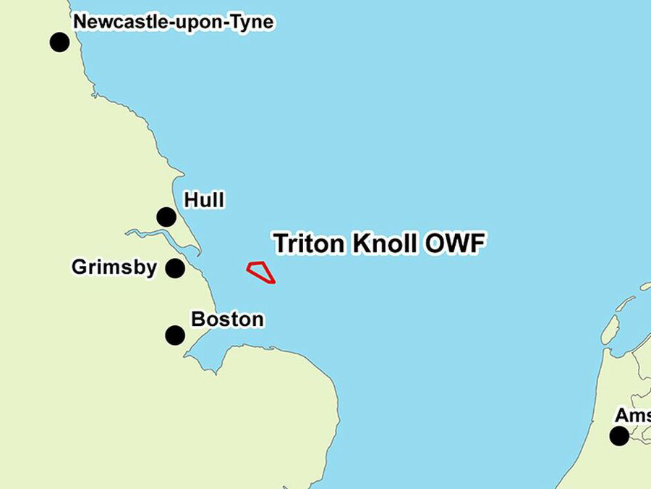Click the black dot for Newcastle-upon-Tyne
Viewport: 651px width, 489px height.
coord(59,42)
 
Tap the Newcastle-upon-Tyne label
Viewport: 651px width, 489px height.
coord(174,22)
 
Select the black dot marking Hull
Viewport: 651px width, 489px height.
coord(166,217)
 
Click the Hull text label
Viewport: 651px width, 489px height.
coord(204,199)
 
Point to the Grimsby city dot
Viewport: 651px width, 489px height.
coord(175,269)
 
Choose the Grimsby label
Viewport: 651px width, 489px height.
coord(114,267)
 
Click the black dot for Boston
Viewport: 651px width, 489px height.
coord(175,335)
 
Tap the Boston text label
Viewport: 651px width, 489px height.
coord(227,319)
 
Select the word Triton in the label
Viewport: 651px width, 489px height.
coord(310,243)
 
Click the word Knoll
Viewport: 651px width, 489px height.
coord(385,243)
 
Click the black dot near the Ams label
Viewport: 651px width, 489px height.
coord(618,436)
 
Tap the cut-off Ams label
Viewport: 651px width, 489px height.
coord(632,416)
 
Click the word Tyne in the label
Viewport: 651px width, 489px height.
coord(253,22)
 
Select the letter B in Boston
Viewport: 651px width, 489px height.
coord(197,319)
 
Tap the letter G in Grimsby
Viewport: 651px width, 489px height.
coord(79,267)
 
